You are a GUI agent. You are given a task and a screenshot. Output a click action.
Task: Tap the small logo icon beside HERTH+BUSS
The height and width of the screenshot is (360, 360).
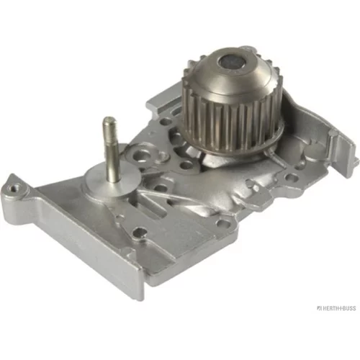point(319,308)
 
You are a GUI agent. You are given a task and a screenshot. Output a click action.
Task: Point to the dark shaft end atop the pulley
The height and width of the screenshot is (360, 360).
point(231,63)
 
